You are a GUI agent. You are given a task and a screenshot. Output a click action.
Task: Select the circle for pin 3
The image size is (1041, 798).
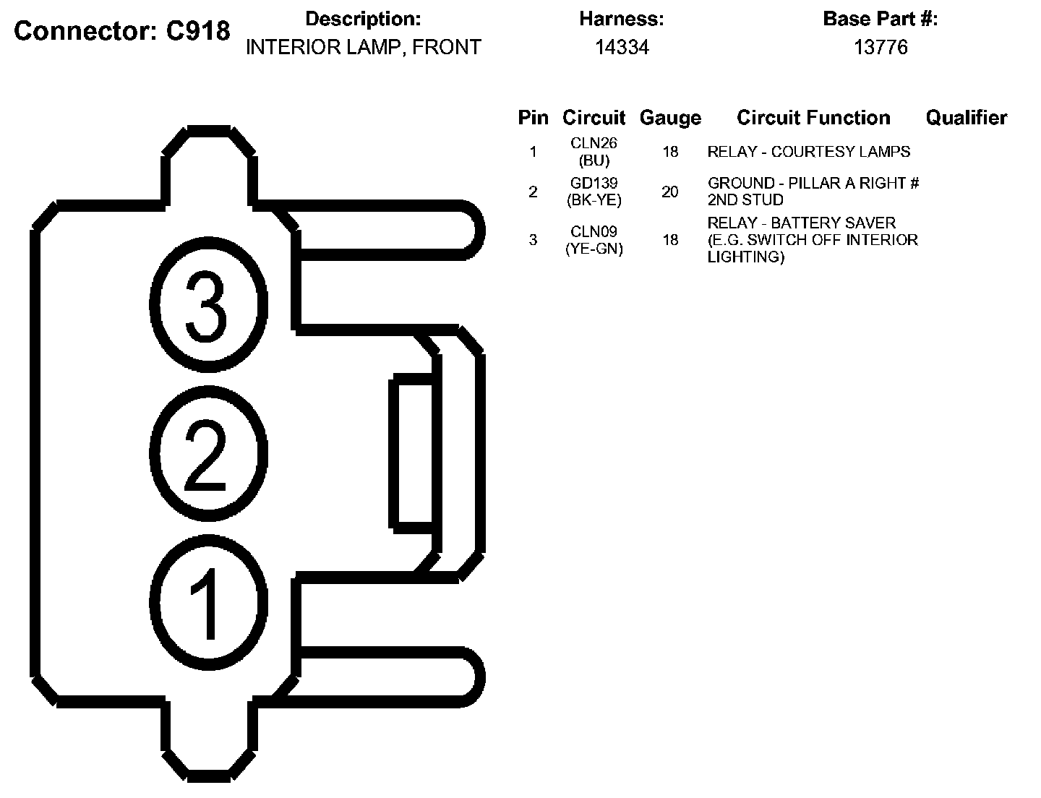[x=207, y=306]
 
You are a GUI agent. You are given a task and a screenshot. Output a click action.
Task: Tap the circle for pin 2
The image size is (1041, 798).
[x=207, y=453]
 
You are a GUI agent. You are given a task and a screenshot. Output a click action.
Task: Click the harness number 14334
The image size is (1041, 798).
[x=622, y=48]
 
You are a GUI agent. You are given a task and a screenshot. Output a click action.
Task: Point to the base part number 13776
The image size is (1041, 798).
[x=881, y=48]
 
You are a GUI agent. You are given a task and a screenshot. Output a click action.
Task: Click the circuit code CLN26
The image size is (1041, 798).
[x=594, y=143]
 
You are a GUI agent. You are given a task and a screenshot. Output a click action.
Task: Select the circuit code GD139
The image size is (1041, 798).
[x=594, y=184]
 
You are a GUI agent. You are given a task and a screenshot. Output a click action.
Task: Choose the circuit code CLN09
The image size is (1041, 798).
[x=594, y=232]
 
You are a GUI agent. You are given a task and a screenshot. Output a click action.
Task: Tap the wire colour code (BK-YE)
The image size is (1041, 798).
[x=594, y=200]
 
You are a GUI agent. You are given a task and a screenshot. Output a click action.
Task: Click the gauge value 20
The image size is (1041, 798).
[x=670, y=192]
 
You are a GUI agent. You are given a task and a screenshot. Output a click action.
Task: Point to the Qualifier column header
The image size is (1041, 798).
[x=966, y=118]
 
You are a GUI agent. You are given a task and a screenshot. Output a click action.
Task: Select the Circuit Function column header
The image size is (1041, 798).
[x=813, y=118]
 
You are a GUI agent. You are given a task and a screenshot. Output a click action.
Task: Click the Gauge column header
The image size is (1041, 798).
[x=670, y=118]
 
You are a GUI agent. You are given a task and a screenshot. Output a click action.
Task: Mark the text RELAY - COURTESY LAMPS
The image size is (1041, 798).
[x=808, y=152]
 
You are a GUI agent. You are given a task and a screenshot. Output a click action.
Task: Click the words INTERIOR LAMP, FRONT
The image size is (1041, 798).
[x=364, y=48]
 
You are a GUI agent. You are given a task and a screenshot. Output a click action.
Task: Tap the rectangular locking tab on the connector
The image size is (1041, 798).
[x=413, y=454]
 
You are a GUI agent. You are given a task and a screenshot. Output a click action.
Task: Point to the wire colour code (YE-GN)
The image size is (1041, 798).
[x=594, y=249]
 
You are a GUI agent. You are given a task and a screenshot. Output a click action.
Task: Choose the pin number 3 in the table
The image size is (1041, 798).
[x=534, y=240]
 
